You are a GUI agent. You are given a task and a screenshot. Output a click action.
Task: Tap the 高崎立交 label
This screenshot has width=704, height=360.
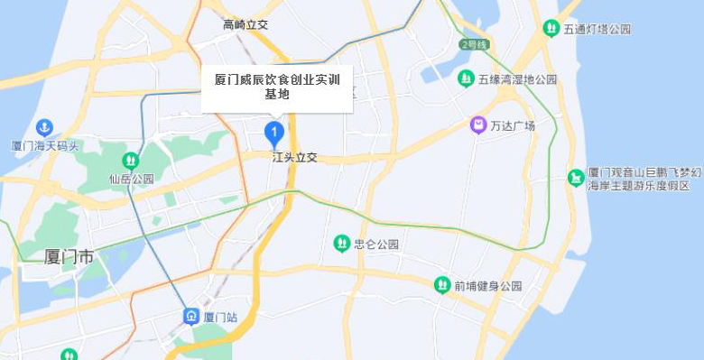tap(246, 24)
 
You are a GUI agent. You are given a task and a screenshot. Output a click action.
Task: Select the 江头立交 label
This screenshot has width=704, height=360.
tap(295, 157)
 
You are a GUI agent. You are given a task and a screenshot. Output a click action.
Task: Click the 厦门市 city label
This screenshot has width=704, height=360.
tap(69, 257)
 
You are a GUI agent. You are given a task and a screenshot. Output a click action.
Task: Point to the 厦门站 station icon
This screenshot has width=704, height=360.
tap(191, 317)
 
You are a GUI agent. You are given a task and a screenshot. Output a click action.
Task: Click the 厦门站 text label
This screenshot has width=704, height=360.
tap(221, 318)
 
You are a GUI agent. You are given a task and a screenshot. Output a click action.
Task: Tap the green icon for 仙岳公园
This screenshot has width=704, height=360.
tap(131, 161)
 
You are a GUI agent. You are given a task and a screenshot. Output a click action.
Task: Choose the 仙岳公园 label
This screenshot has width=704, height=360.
tap(131, 179)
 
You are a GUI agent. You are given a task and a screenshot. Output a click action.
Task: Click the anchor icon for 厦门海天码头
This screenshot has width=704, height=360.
tap(44, 127)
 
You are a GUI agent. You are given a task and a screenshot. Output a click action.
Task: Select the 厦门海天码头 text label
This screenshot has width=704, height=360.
tap(45, 145)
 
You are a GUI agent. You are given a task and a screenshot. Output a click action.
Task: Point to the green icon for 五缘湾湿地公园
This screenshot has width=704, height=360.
tap(466, 79)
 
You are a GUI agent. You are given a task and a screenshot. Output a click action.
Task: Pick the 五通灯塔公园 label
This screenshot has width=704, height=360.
tap(597, 30)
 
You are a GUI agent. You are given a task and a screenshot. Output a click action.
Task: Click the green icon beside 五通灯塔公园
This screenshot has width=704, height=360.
tap(551, 29)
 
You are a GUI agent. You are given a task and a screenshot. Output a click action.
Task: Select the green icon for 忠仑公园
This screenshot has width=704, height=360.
tap(341, 243)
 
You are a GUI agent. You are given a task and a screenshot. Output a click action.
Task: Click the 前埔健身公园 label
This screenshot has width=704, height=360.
tap(488, 286)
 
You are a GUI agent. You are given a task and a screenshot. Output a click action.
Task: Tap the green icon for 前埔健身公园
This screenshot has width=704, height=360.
tap(441, 285)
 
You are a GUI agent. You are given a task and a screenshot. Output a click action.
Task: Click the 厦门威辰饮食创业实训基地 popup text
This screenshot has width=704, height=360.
tap(276, 87)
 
